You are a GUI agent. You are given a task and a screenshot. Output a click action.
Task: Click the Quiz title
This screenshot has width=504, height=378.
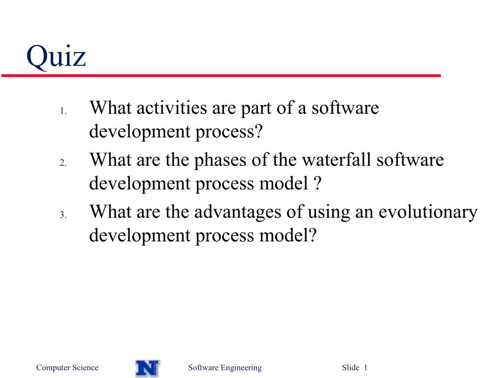(x=56, y=57)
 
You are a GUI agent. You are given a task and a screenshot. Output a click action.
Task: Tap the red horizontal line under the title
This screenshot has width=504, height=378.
(x=221, y=75)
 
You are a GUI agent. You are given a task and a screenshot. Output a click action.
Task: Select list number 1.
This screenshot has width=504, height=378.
(x=63, y=111)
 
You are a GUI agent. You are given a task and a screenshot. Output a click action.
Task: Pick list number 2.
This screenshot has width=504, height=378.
(x=63, y=163)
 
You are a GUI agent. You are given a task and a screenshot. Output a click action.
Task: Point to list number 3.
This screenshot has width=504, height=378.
(x=63, y=215)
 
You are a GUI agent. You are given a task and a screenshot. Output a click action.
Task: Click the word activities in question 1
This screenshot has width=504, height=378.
(x=172, y=108)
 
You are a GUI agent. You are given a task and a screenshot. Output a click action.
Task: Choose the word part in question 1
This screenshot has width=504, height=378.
(x=256, y=109)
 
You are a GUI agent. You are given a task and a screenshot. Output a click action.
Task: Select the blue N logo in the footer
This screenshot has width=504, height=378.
(x=148, y=368)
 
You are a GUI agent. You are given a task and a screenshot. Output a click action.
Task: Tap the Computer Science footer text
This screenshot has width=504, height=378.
(x=67, y=368)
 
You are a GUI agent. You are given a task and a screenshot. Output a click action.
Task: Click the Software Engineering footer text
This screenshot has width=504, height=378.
(x=225, y=368)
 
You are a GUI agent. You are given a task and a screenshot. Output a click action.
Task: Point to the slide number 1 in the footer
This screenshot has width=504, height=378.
(x=366, y=367)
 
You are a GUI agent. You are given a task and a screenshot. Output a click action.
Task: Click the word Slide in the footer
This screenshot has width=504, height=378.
(x=350, y=367)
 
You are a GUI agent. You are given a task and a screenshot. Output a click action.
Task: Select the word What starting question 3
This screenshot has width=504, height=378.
(x=111, y=212)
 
